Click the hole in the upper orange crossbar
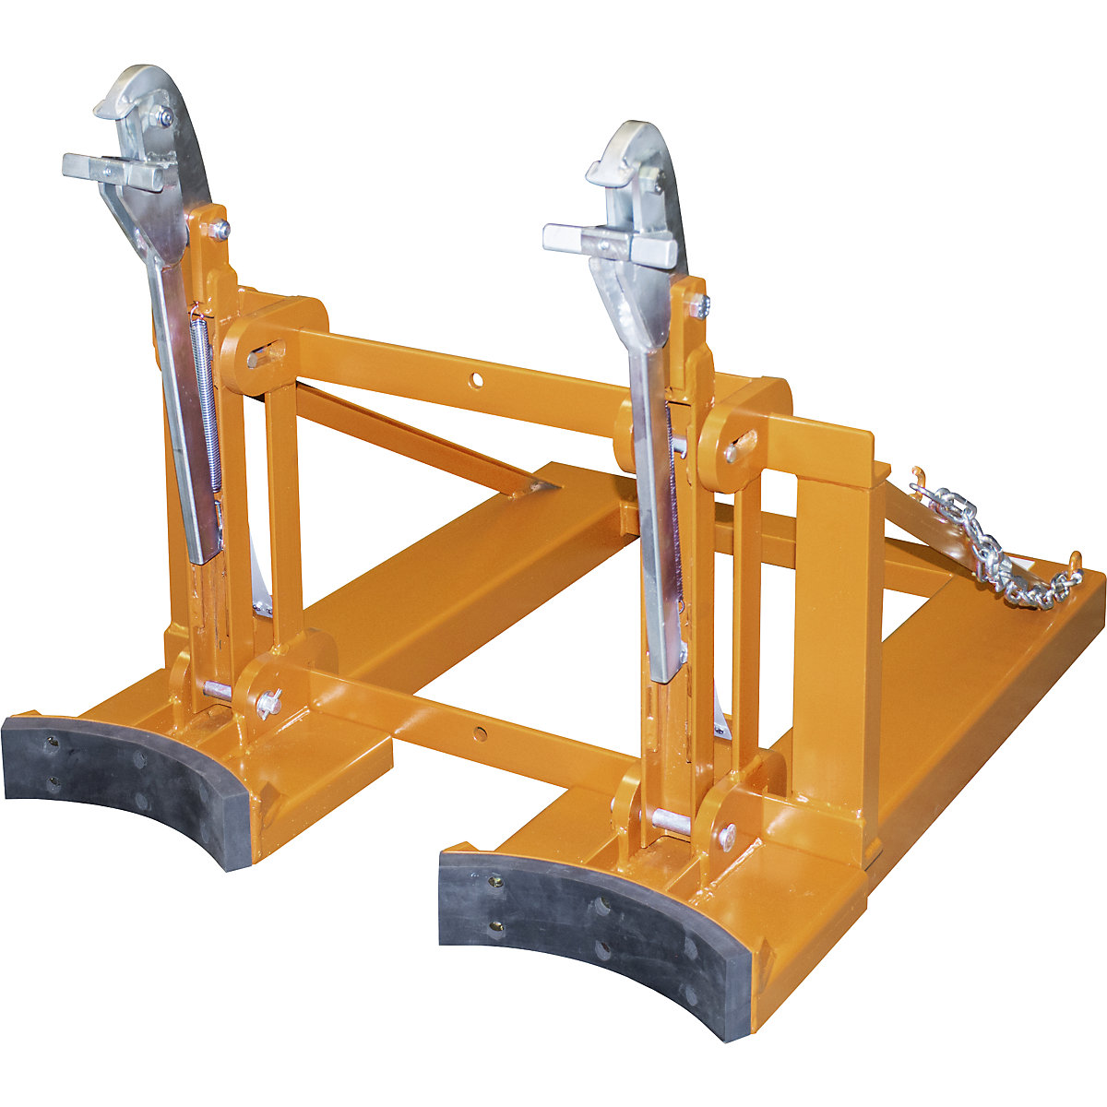(475, 378)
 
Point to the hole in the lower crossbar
(481, 733)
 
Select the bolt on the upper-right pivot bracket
(733, 452)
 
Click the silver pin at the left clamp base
(218, 690)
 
